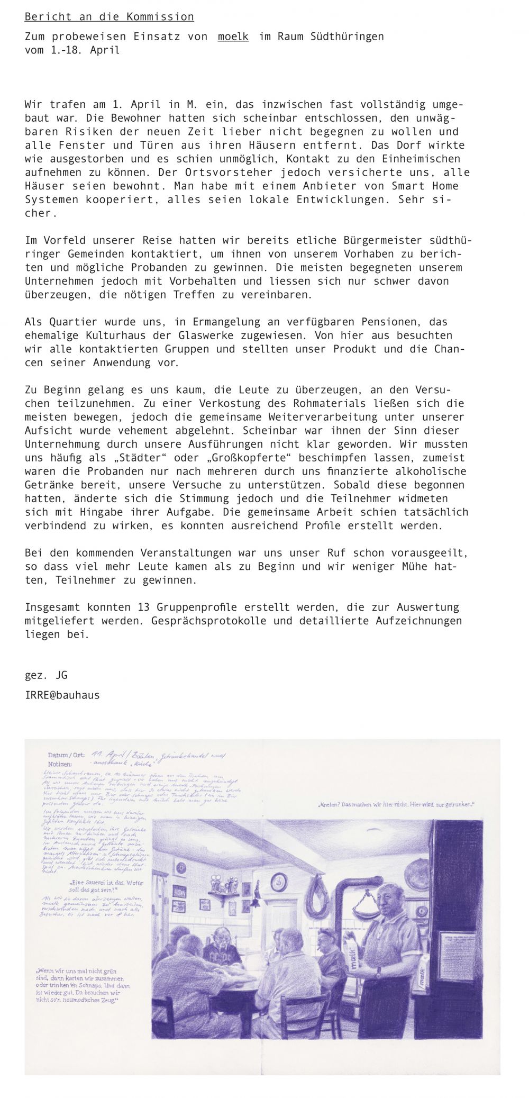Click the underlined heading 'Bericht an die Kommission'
click(109, 17)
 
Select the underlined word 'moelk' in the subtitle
click(233, 37)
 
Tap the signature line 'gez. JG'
click(46, 675)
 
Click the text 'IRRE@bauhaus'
click(62, 695)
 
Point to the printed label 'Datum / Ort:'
click(66, 755)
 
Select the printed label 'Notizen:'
click(60, 764)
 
